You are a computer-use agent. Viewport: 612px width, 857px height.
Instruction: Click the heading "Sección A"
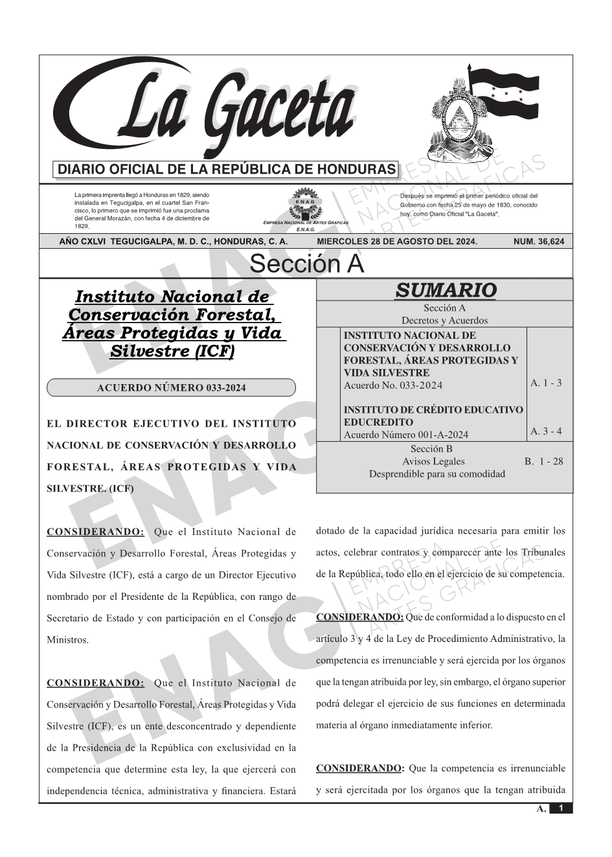(306, 264)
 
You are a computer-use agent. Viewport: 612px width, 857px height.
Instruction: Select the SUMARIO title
(446, 290)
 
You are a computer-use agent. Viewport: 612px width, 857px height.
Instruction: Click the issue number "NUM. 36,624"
(538, 242)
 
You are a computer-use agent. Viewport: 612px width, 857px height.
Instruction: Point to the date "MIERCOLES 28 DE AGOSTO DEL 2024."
(396, 242)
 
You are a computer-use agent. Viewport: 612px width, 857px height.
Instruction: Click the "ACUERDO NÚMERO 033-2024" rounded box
(171, 388)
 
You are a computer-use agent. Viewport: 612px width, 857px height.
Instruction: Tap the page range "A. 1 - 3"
(546, 383)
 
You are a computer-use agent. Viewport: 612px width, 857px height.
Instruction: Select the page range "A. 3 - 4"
(546, 431)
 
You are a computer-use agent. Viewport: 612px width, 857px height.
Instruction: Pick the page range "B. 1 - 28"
(543, 461)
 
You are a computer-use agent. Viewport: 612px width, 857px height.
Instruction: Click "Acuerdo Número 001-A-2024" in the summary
(405, 435)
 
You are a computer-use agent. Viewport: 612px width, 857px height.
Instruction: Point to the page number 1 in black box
(561, 808)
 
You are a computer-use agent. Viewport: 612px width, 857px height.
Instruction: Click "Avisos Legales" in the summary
(433, 461)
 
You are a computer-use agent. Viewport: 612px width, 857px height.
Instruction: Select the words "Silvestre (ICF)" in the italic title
(172, 351)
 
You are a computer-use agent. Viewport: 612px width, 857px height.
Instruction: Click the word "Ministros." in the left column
(67, 640)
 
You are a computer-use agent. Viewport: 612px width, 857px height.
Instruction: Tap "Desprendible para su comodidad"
(436, 474)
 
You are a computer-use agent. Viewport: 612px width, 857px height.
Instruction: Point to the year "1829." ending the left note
(81, 227)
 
